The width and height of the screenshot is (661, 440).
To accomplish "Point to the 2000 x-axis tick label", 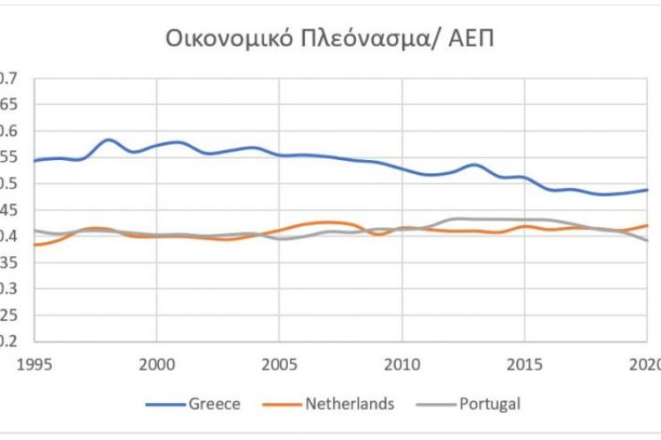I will (156, 362).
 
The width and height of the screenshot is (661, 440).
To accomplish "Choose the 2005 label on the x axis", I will (279, 362).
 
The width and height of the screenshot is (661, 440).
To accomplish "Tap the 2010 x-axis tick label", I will (402, 362).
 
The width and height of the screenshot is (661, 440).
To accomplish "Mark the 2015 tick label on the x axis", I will (525, 362).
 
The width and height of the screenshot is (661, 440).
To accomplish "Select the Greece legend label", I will (214, 405).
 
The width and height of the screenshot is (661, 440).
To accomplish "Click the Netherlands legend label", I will (350, 405).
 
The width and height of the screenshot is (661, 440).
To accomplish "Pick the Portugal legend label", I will (490, 405).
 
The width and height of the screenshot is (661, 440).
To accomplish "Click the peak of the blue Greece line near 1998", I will (108, 140).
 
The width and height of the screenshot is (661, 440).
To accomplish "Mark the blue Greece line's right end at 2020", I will (647, 190).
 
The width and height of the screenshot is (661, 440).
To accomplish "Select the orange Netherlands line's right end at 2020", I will (647, 225).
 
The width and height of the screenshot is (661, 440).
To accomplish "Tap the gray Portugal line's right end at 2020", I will (647, 240).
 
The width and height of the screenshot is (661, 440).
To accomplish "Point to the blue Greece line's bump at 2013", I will (475, 165).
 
